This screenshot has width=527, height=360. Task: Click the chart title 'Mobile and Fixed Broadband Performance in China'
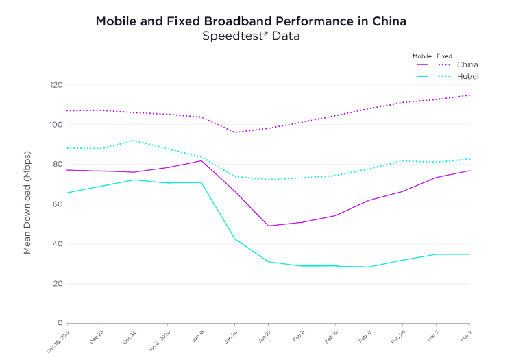[x=251, y=21]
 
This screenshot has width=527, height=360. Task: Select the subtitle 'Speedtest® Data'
[x=251, y=36]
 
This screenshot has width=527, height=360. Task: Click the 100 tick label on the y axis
[x=56, y=125]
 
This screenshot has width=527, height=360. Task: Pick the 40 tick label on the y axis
[x=58, y=244]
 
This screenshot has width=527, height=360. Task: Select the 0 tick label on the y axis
[x=60, y=323]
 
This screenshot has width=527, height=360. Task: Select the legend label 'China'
[x=467, y=65]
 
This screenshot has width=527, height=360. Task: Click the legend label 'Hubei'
[x=468, y=76]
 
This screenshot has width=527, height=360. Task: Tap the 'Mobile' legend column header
[x=421, y=56]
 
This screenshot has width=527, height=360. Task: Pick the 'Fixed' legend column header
[x=444, y=56]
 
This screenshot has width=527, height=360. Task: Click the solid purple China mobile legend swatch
[x=421, y=65]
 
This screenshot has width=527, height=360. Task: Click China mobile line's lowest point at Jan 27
[x=268, y=226]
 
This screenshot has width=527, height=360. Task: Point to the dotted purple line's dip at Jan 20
[x=234, y=132]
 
